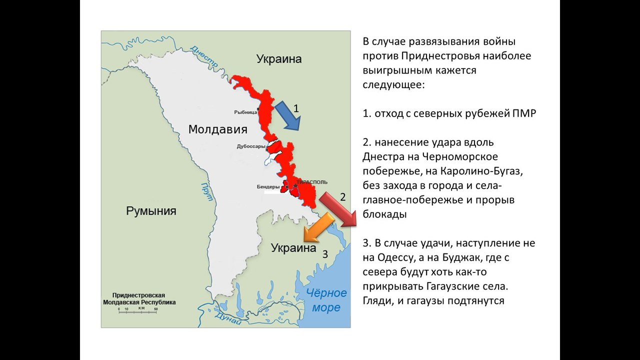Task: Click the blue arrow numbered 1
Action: pos(288,115)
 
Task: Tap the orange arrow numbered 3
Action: pos(318,226)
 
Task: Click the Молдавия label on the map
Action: pos(217,129)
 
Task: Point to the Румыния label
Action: pos(151,210)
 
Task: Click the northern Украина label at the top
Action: pos(279,59)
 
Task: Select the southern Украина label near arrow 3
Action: pos(293,248)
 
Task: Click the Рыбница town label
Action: pos(245,112)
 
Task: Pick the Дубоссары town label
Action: pos(251,146)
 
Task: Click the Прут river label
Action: pos(204,190)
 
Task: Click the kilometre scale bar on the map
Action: pos(138,310)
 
